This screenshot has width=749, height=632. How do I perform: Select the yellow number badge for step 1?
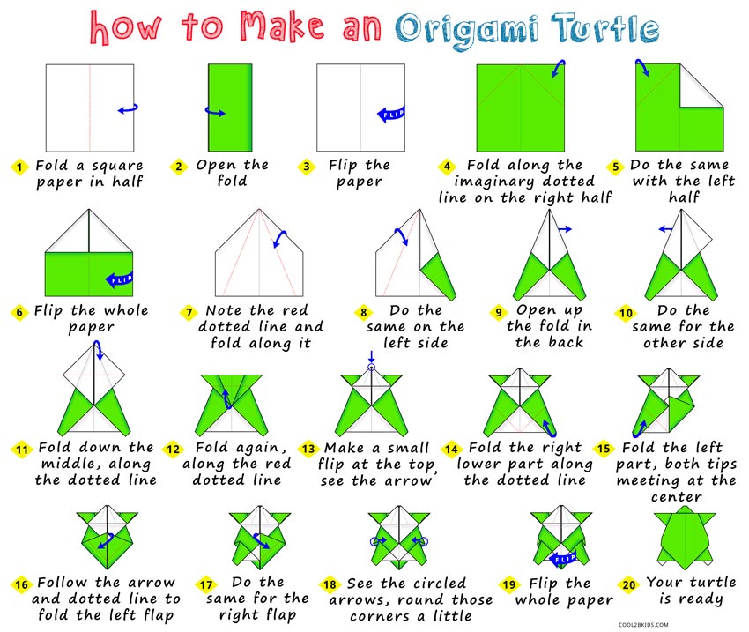[x=19, y=166]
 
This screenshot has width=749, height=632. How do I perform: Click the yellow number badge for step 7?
[x=189, y=312]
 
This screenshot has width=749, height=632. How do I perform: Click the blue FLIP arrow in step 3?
[x=390, y=113]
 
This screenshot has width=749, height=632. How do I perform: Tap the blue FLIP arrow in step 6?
[x=118, y=279]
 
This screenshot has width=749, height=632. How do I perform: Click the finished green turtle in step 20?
[x=685, y=536]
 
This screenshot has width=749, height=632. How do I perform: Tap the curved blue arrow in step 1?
[x=129, y=109]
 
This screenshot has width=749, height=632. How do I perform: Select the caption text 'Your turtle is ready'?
[x=685, y=591]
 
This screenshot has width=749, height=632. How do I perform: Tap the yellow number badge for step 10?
[x=625, y=312]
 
